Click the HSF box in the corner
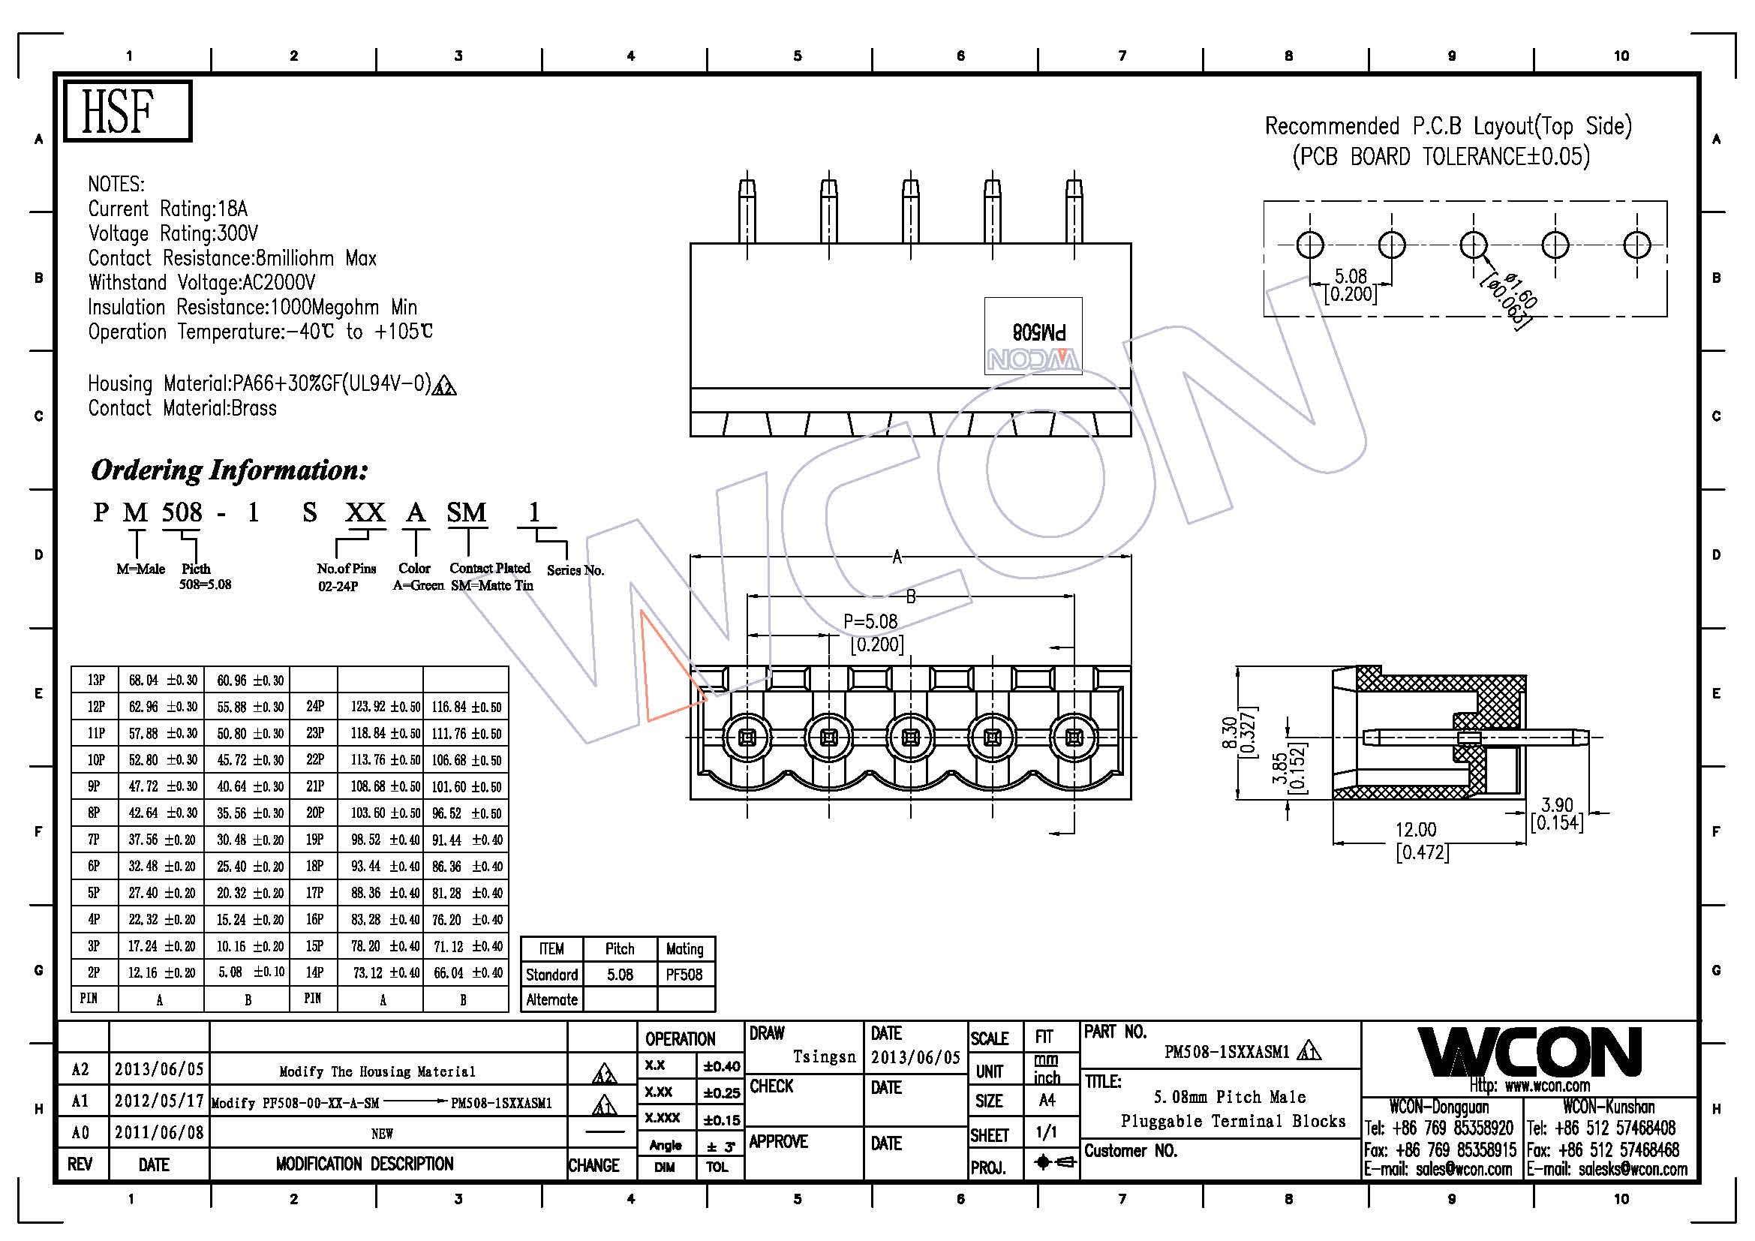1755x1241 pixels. (127, 111)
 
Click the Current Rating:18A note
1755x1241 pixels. (167, 209)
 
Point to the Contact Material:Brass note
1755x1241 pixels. (182, 408)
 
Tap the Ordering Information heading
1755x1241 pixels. (230, 470)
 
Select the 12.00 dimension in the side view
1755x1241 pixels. (1416, 830)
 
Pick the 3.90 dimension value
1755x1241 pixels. (1556, 805)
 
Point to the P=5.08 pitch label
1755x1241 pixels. (870, 622)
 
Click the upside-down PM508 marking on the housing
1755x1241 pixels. (1038, 332)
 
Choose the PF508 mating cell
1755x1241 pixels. (684, 975)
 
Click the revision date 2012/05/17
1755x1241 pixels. (159, 1101)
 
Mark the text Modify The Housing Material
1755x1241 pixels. (377, 1071)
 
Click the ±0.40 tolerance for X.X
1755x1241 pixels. (720, 1066)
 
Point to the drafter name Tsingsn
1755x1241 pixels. (824, 1057)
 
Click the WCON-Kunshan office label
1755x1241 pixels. (1608, 1107)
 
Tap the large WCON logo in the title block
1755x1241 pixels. (1529, 1052)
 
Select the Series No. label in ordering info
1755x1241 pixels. (575, 570)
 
